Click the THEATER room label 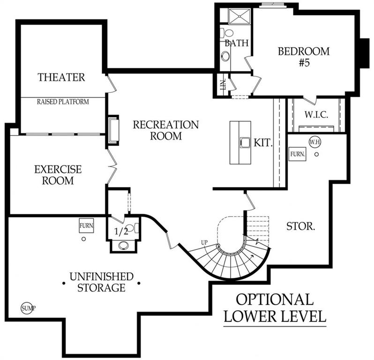tap(61, 77)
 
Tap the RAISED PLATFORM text tap(63, 102)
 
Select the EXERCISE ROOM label tap(58, 175)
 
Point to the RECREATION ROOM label tap(166, 130)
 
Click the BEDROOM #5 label tap(304, 57)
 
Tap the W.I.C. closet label tap(316, 115)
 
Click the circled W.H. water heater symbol tap(315, 142)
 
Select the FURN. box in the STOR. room tap(298, 154)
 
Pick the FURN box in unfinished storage tap(86, 225)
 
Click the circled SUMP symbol tap(27, 308)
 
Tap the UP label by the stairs tap(204, 243)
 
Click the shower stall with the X tap(239, 16)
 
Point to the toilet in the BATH tap(227, 33)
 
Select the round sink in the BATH tap(225, 56)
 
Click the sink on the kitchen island tap(245, 143)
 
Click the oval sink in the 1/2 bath tap(123, 246)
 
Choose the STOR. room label tap(300, 226)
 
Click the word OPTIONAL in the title tap(275, 300)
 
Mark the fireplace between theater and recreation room tap(113, 130)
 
